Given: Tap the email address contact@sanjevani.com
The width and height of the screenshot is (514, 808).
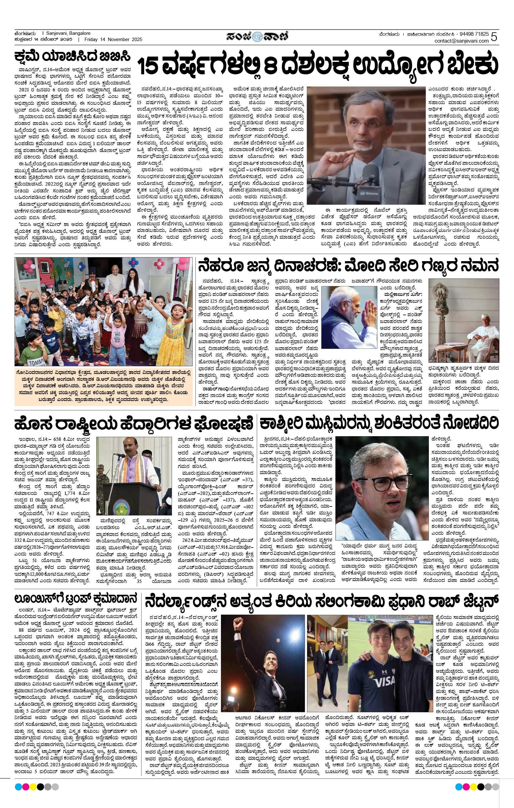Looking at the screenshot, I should (x=462, y=41).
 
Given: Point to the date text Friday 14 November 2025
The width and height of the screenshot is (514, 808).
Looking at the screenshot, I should (x=113, y=39).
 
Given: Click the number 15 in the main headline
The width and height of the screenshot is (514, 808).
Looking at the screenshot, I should (x=149, y=67).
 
